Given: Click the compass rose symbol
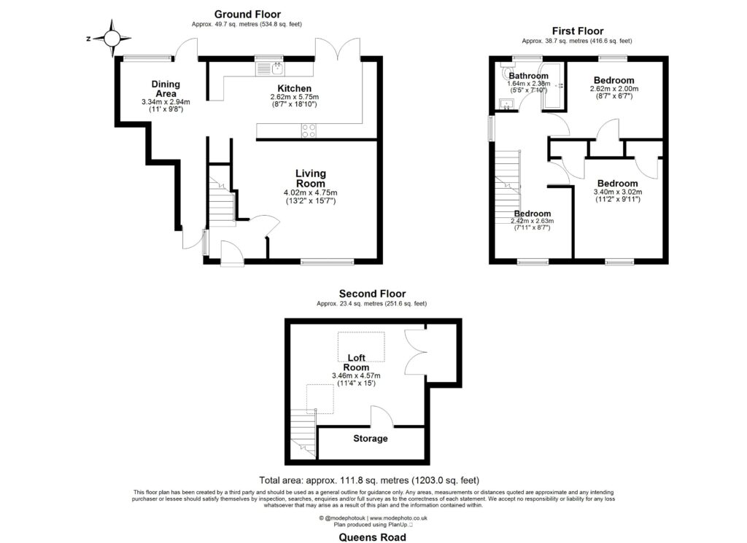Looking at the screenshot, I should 113,38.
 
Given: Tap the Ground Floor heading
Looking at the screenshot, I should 247,14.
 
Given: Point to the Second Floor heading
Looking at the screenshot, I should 372,294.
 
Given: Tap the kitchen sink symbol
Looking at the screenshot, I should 270,69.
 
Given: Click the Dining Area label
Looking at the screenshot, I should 166,88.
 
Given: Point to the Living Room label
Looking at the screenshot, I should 310,179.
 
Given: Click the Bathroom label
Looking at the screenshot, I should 528,76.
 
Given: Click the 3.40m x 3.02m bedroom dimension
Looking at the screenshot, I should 617,192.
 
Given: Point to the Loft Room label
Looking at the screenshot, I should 356,362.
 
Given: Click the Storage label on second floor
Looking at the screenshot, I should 371,439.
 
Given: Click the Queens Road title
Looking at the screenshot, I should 372,537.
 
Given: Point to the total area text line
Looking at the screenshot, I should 369,480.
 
